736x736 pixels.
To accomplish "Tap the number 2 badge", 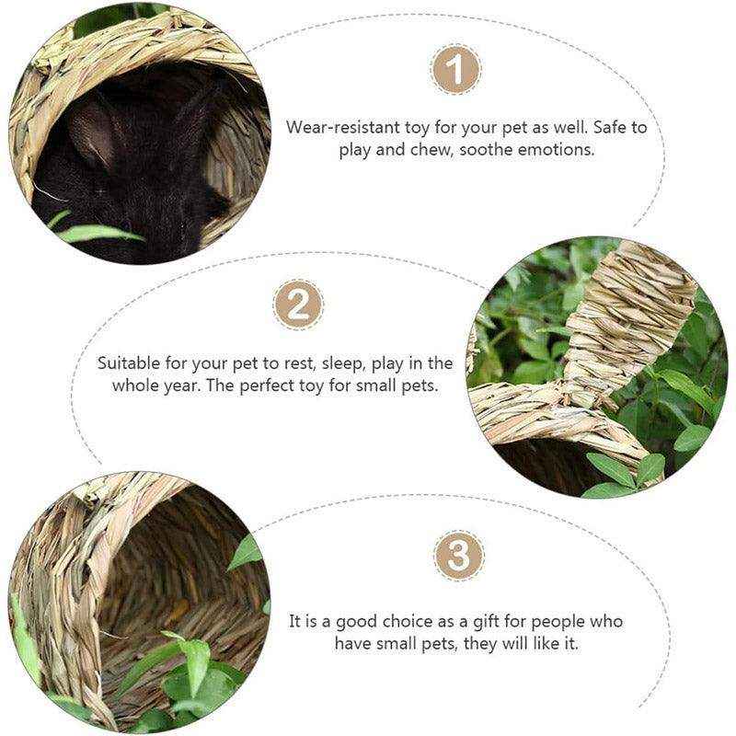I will point(299,304).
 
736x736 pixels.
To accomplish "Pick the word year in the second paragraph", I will point(180,385).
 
